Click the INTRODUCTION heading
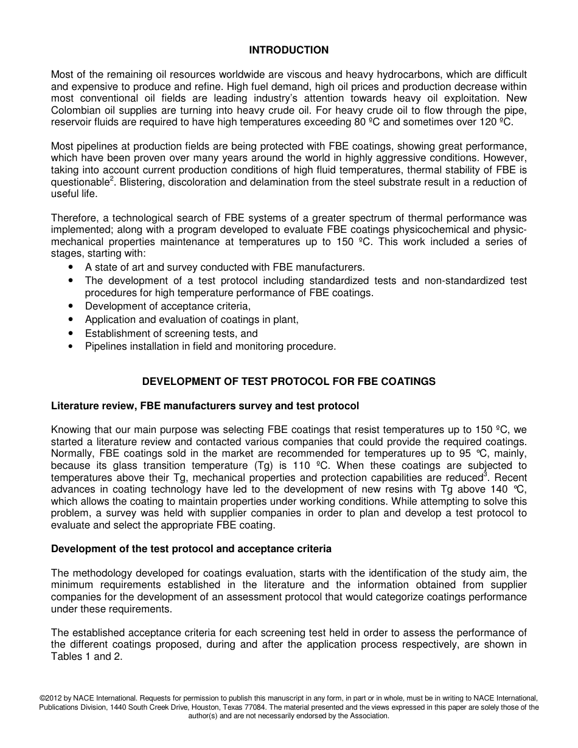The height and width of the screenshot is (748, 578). (x=289, y=50)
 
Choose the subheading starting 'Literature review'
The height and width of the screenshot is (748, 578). (x=205, y=406)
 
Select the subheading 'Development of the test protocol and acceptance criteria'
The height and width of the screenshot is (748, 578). (x=191, y=549)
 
